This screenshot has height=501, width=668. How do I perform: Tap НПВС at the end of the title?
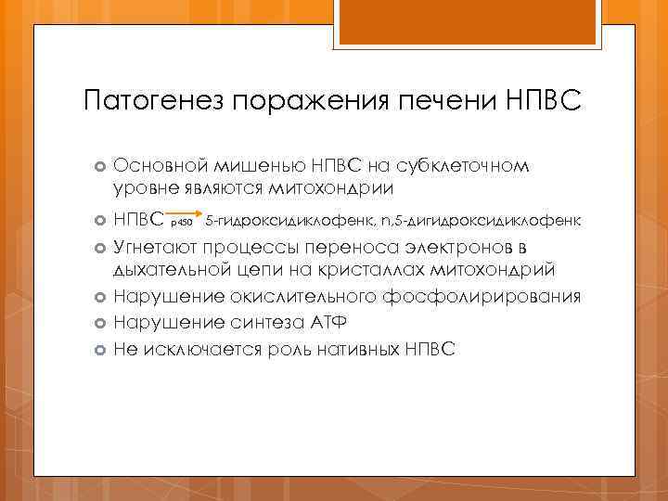tap(545, 99)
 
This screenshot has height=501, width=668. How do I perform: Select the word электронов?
tap(462, 249)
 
